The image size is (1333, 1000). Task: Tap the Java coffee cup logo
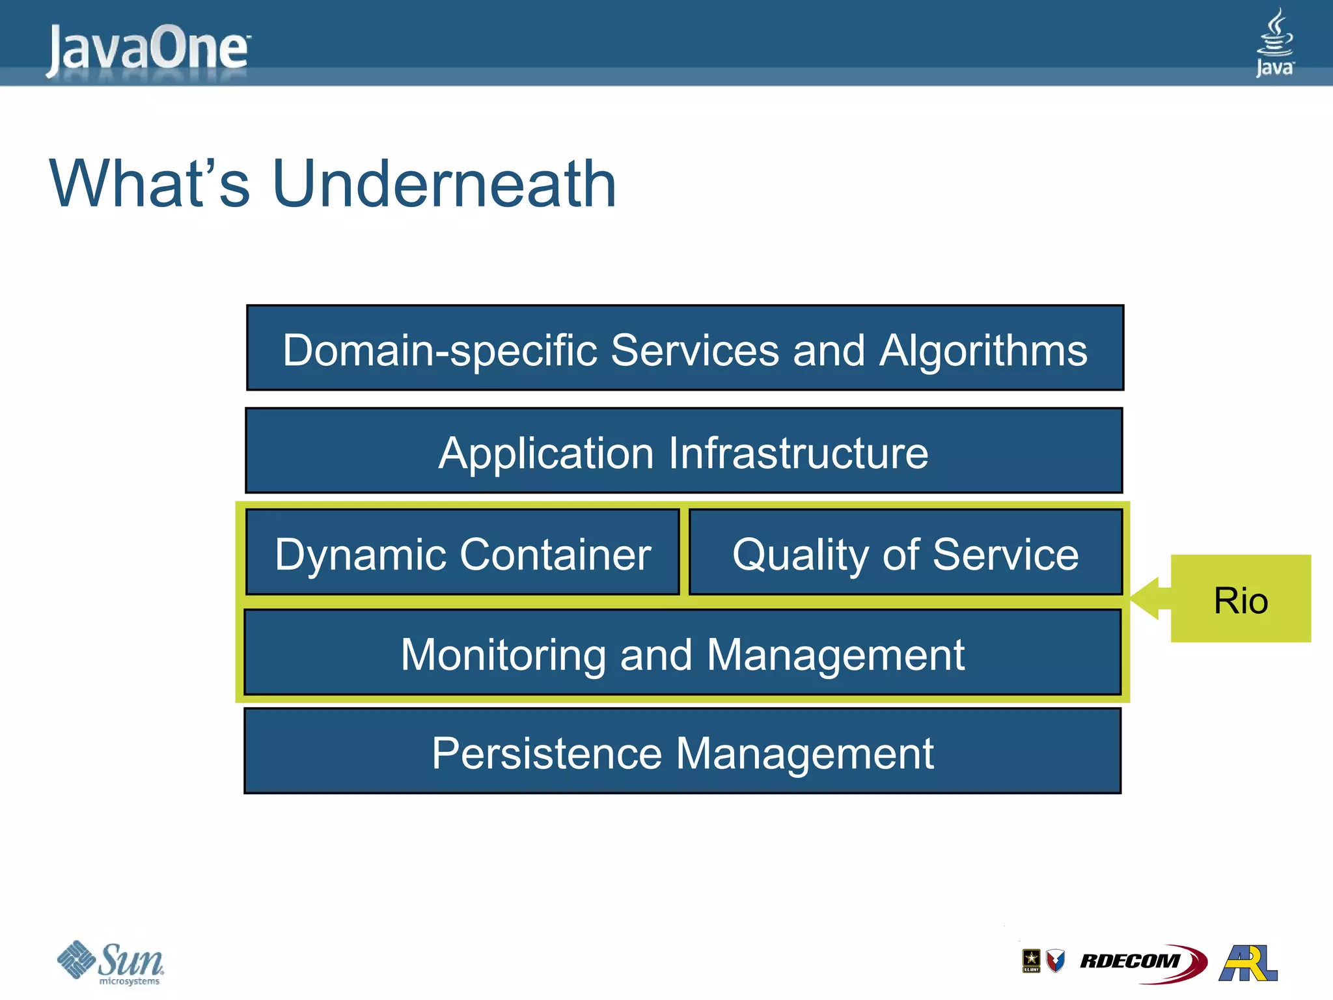(1274, 42)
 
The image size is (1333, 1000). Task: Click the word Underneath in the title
(444, 185)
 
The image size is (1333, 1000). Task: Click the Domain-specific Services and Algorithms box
(685, 348)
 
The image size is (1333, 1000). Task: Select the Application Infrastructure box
(683, 451)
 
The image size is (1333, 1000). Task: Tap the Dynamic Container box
(463, 553)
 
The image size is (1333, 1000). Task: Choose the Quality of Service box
(905, 553)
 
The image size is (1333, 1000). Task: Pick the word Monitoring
(503, 655)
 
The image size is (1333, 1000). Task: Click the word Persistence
(547, 754)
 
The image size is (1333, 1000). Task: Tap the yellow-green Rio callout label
(1241, 599)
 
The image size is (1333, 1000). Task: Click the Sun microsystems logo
(111, 962)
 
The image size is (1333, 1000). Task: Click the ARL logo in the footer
(1248, 963)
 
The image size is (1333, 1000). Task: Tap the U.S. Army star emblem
(1031, 960)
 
